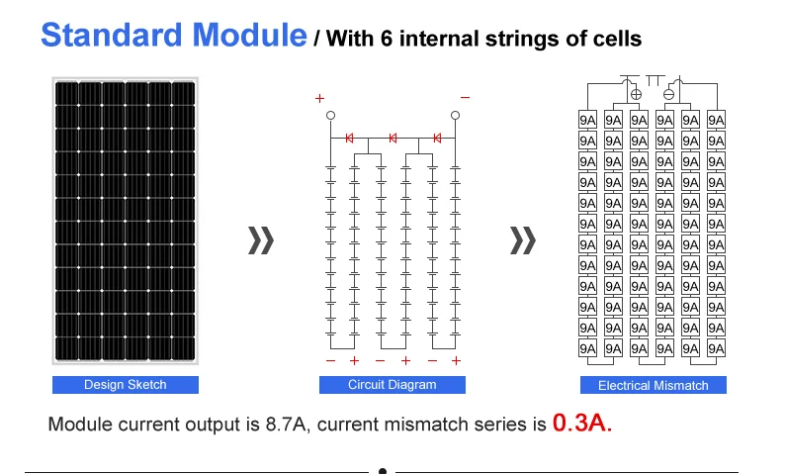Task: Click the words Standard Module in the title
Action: click(173, 36)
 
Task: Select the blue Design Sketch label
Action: click(126, 385)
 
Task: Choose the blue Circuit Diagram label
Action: click(392, 385)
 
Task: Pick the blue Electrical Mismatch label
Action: click(653, 385)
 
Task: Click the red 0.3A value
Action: click(582, 425)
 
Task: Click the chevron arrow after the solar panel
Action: click(260, 240)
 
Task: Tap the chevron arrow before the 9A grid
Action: click(522, 240)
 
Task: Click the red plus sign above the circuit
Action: click(319, 99)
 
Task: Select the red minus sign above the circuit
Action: click(464, 98)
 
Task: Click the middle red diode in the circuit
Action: click(393, 138)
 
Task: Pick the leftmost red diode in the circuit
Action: click(349, 138)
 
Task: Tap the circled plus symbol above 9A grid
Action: click(636, 95)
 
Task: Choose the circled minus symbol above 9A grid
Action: click(668, 95)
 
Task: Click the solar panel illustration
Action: click(126, 220)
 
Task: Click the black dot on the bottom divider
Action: click(383, 471)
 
